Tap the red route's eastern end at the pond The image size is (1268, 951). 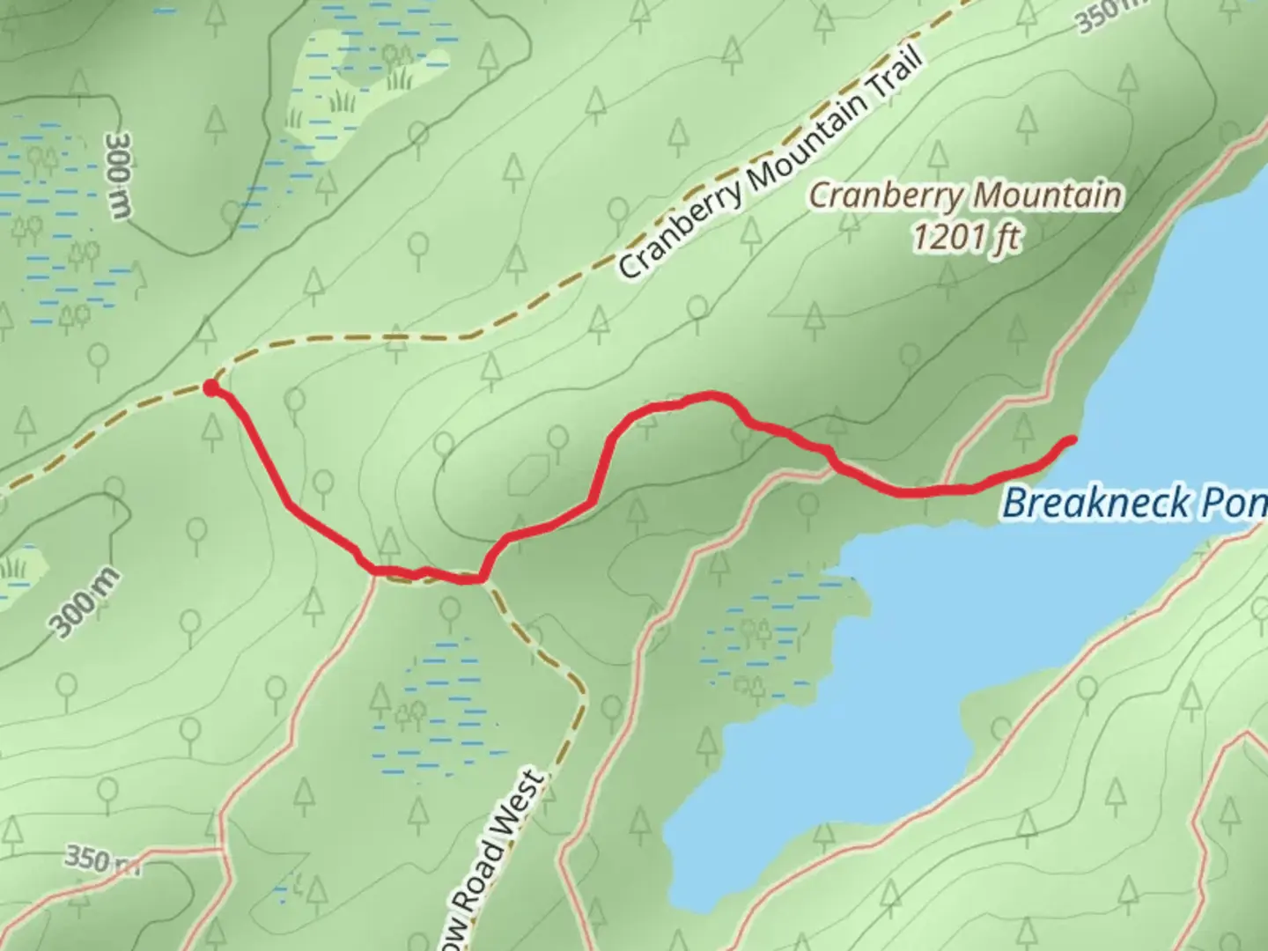tap(1071, 439)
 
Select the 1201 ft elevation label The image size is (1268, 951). tap(966, 238)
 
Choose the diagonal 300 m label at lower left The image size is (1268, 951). tap(85, 604)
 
